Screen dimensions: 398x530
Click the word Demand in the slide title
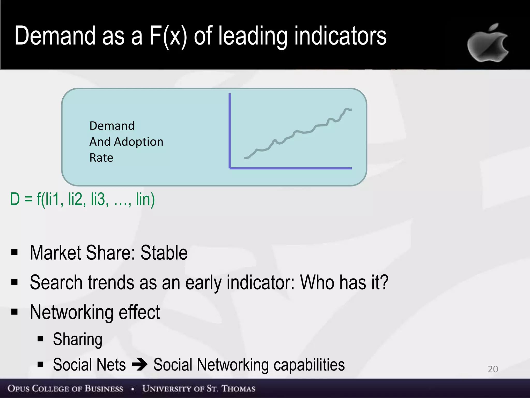point(55,36)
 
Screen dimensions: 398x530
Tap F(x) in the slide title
point(168,36)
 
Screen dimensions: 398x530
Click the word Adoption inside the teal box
point(138,142)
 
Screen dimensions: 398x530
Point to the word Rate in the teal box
point(101,158)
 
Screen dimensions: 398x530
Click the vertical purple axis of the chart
point(230,130)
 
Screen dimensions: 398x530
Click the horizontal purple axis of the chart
point(290,168)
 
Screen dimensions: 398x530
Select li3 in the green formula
point(98,199)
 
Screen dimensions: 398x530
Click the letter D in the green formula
point(15,199)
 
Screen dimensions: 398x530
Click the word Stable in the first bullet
point(164,253)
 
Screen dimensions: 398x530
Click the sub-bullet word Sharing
point(78,339)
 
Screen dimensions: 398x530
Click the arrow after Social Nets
point(139,365)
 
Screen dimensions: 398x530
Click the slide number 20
point(493,369)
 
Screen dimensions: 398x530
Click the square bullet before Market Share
point(14,252)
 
